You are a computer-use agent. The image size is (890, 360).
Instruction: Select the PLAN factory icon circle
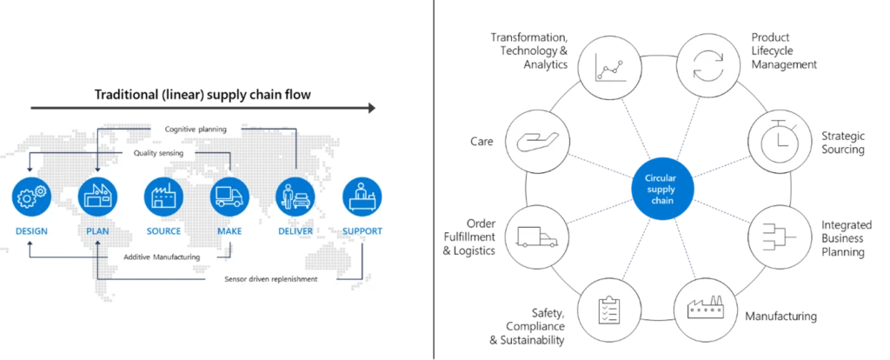point(97,197)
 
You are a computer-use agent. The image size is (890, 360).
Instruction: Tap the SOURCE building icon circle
point(163,197)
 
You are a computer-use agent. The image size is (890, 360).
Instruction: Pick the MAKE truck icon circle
point(230,197)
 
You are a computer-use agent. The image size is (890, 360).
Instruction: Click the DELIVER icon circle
point(296,197)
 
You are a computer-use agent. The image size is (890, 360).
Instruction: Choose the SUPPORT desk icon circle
point(360,197)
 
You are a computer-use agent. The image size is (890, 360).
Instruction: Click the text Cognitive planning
point(196,130)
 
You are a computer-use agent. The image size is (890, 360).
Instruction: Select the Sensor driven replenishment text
point(265,279)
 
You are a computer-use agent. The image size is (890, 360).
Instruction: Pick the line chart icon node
point(609,66)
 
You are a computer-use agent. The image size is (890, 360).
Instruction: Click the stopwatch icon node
point(780,139)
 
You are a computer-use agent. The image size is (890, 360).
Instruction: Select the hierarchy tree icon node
point(780,237)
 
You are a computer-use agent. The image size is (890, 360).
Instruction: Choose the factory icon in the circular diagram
point(706,310)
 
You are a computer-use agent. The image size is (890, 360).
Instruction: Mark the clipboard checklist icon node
point(609,310)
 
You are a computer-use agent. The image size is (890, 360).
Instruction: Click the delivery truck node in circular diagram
point(536,237)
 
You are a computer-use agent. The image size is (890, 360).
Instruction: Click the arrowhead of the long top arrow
point(372,108)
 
